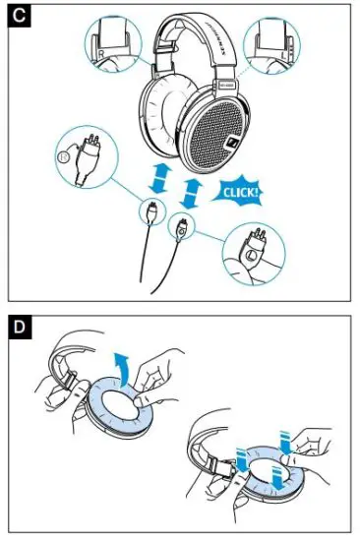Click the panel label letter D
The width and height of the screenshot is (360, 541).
click(x=19, y=327)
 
